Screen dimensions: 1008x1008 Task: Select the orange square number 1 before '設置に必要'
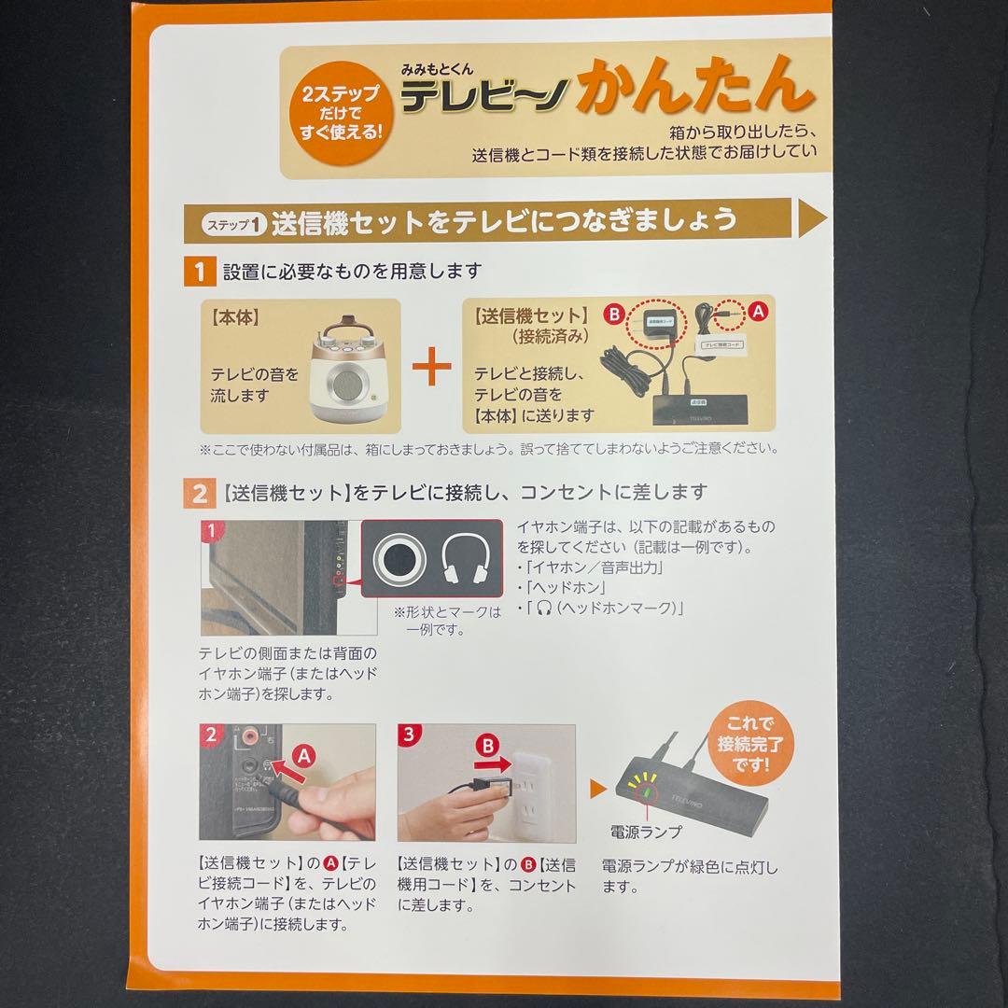point(198,273)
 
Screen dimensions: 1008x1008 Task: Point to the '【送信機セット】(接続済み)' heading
point(531,324)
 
